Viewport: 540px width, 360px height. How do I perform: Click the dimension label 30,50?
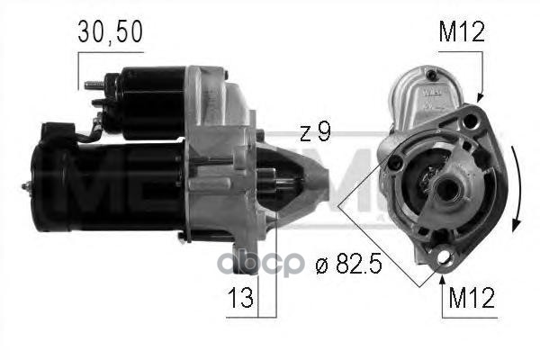point(110,35)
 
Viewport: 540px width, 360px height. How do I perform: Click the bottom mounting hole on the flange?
point(443,260)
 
